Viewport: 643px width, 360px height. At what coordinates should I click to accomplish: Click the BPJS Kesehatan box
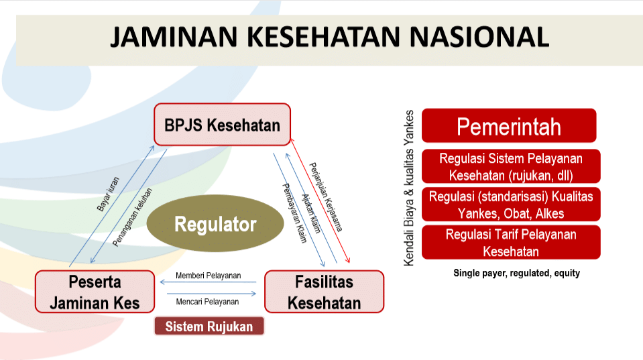[x=222, y=125]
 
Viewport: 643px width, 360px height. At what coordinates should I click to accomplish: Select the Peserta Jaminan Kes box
[x=94, y=292]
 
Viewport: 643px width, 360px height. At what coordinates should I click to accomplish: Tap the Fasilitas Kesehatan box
[x=324, y=292]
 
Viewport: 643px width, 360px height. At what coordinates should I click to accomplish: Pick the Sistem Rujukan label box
[x=209, y=326]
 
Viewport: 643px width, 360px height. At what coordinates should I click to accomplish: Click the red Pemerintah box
[x=509, y=126]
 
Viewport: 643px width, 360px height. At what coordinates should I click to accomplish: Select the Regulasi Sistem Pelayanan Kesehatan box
[x=511, y=167]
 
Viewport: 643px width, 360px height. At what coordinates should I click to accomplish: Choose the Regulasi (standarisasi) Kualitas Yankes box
[x=511, y=204]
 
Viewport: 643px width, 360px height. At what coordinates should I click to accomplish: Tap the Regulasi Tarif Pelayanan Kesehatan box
[x=511, y=242]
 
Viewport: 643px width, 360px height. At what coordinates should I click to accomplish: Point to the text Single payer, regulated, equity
[x=516, y=273]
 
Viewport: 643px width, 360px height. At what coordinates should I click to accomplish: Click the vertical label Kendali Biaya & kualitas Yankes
[x=410, y=188]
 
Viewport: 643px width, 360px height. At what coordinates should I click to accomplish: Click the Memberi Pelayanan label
[x=208, y=276]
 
